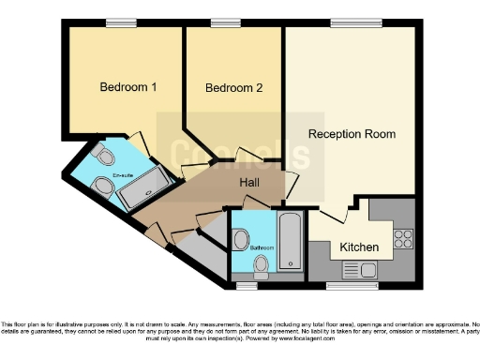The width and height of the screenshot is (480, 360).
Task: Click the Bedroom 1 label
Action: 128,87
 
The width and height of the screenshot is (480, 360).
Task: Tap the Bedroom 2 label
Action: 233,88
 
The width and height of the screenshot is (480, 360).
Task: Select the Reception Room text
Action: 352,134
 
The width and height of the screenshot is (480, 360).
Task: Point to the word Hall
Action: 250,182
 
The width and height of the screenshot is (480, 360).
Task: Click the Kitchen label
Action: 359,247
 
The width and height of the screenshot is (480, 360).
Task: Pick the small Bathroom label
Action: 262,247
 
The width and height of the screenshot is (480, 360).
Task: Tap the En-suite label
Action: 123,175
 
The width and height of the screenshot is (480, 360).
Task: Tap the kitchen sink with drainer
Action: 359,270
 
